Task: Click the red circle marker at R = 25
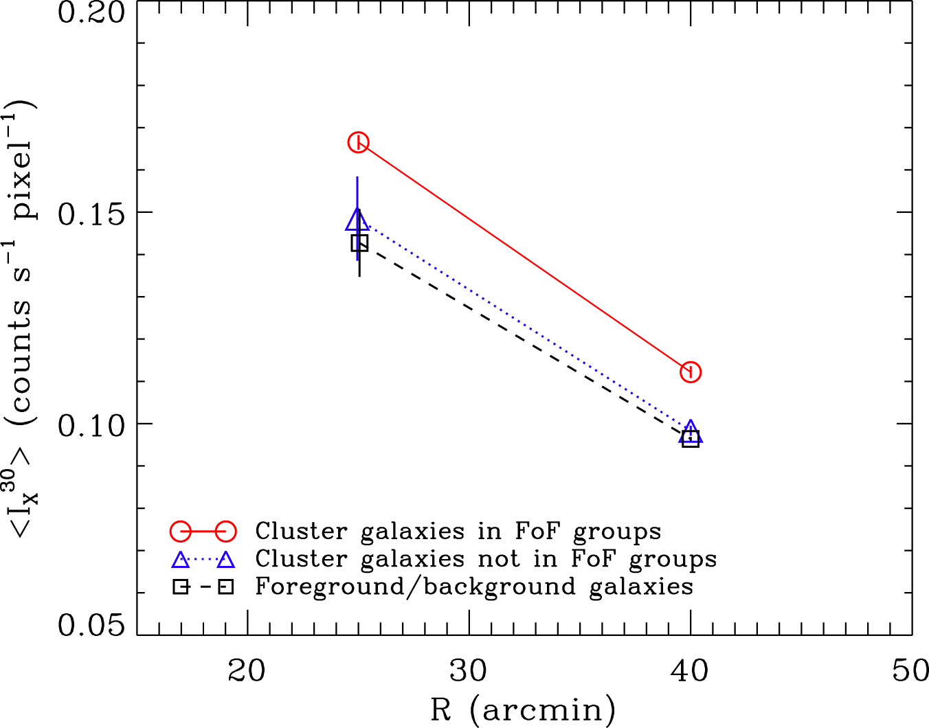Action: (358, 142)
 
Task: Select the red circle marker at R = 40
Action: (691, 372)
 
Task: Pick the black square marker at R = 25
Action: (359, 242)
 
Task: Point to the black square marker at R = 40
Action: (691, 439)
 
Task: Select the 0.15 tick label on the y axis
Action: (92, 214)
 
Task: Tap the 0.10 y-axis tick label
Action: (92, 425)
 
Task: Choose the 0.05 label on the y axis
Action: (92, 626)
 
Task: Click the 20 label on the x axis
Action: (247, 671)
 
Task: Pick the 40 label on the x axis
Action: (691, 671)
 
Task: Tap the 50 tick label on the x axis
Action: (911, 671)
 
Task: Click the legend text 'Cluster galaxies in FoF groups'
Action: (458, 532)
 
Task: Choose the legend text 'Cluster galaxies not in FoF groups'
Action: (486, 560)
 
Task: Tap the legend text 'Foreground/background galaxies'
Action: (474, 587)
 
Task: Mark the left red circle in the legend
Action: (181, 531)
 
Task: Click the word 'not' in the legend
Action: (500, 559)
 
